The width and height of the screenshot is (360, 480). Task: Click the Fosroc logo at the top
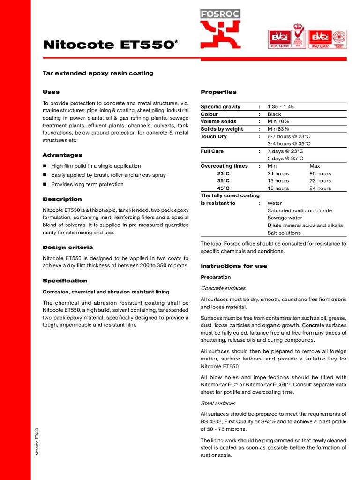pos(220,29)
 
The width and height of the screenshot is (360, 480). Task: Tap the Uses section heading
pos(51,92)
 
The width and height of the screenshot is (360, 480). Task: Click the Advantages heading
pos(62,155)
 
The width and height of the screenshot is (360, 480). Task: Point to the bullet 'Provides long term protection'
pos(87,184)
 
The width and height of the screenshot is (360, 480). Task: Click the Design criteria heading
pos(67,247)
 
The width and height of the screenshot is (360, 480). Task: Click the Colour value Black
pos(274,114)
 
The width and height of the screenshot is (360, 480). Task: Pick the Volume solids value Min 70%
pos(278,121)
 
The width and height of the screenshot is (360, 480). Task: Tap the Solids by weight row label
pos(222,129)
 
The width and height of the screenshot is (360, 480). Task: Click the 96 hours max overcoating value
pos(320,173)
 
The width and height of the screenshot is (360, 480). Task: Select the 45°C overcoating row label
pos(223,188)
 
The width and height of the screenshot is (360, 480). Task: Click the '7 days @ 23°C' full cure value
pos(285,151)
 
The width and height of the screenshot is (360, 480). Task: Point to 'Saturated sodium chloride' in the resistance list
pos(299,210)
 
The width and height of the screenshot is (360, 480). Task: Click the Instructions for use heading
pos(234,266)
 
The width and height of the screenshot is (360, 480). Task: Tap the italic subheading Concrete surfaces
pos(223,288)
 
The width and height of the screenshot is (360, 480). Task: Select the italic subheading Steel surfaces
pos(218,403)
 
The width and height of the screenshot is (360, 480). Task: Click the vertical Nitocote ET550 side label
pos(37,441)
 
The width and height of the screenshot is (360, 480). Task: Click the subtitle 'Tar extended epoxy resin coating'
pos(98,74)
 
